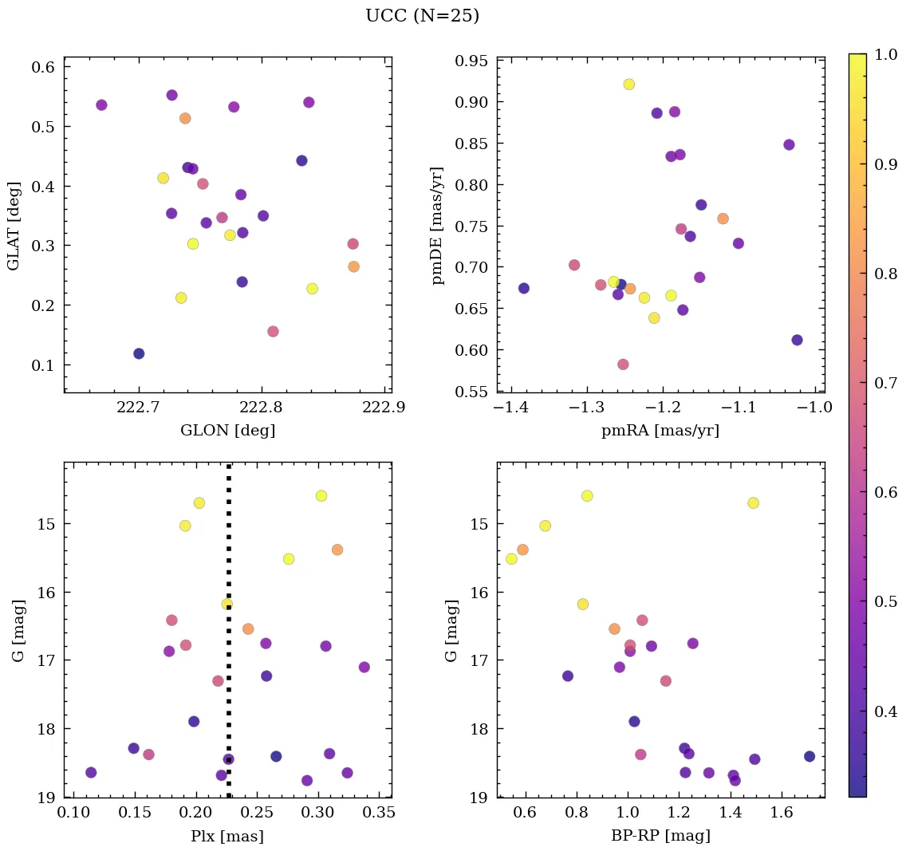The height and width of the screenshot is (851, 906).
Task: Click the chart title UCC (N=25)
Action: click(422, 16)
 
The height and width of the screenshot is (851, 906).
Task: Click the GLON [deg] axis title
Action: click(228, 431)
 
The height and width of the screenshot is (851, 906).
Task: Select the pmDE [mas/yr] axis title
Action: click(438, 225)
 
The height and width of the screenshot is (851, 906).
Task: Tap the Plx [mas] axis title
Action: click(227, 836)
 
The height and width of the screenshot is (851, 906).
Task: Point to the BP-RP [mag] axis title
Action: click(660, 836)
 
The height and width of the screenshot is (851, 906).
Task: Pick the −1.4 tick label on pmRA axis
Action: click(510, 408)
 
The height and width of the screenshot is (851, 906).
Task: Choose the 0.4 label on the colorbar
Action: click(885, 711)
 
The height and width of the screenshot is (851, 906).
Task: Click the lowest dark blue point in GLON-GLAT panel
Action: click(139, 353)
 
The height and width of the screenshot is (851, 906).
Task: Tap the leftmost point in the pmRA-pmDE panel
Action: click(524, 288)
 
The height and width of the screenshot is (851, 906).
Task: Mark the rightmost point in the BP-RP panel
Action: click(809, 756)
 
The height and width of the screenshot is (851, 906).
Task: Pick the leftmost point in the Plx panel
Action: click(91, 772)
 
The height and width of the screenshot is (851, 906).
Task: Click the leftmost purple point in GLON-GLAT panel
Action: click(101, 105)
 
